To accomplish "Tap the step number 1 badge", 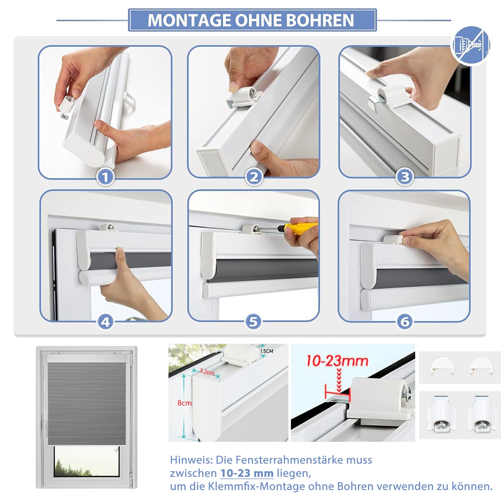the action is click(x=105, y=177).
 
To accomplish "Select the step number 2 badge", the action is click(x=254, y=177).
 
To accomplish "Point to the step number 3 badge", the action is click(x=405, y=177).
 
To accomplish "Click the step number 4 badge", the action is click(x=106, y=322).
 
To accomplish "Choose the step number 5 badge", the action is click(x=253, y=322).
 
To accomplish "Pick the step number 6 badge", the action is click(x=405, y=322).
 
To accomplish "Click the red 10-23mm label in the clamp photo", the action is click(x=337, y=361).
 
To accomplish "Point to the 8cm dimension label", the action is click(x=184, y=403).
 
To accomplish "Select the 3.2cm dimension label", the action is click(x=207, y=372).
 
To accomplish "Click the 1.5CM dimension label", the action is click(x=267, y=351).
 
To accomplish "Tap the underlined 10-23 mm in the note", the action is click(x=247, y=473).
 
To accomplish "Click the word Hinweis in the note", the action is click(x=191, y=460).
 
